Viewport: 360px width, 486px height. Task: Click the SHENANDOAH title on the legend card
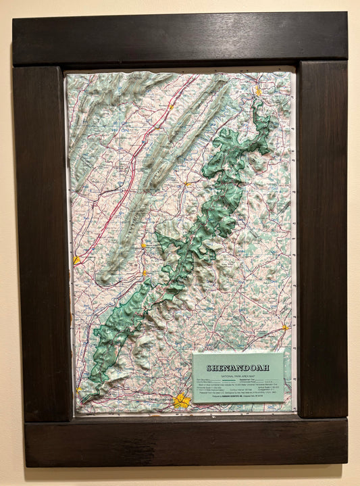click(x=238, y=368)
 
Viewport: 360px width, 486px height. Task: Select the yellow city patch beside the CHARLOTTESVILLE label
click(x=181, y=400)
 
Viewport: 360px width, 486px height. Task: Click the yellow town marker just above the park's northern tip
click(x=257, y=90)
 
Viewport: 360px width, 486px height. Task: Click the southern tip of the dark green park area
click(x=84, y=392)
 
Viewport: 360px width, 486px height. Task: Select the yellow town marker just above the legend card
click(x=286, y=327)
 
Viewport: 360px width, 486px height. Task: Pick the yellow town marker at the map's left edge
click(x=77, y=260)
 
